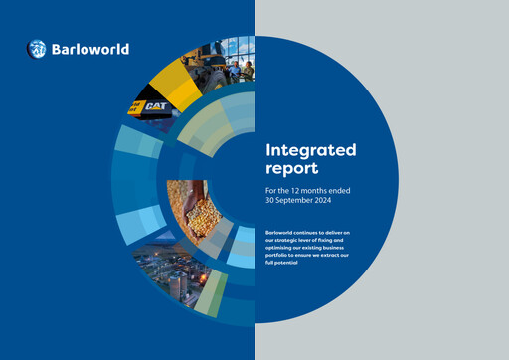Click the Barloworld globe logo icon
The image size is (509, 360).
pos(37,48)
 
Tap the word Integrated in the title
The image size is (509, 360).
pos(311,150)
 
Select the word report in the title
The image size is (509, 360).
pos(291,169)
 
